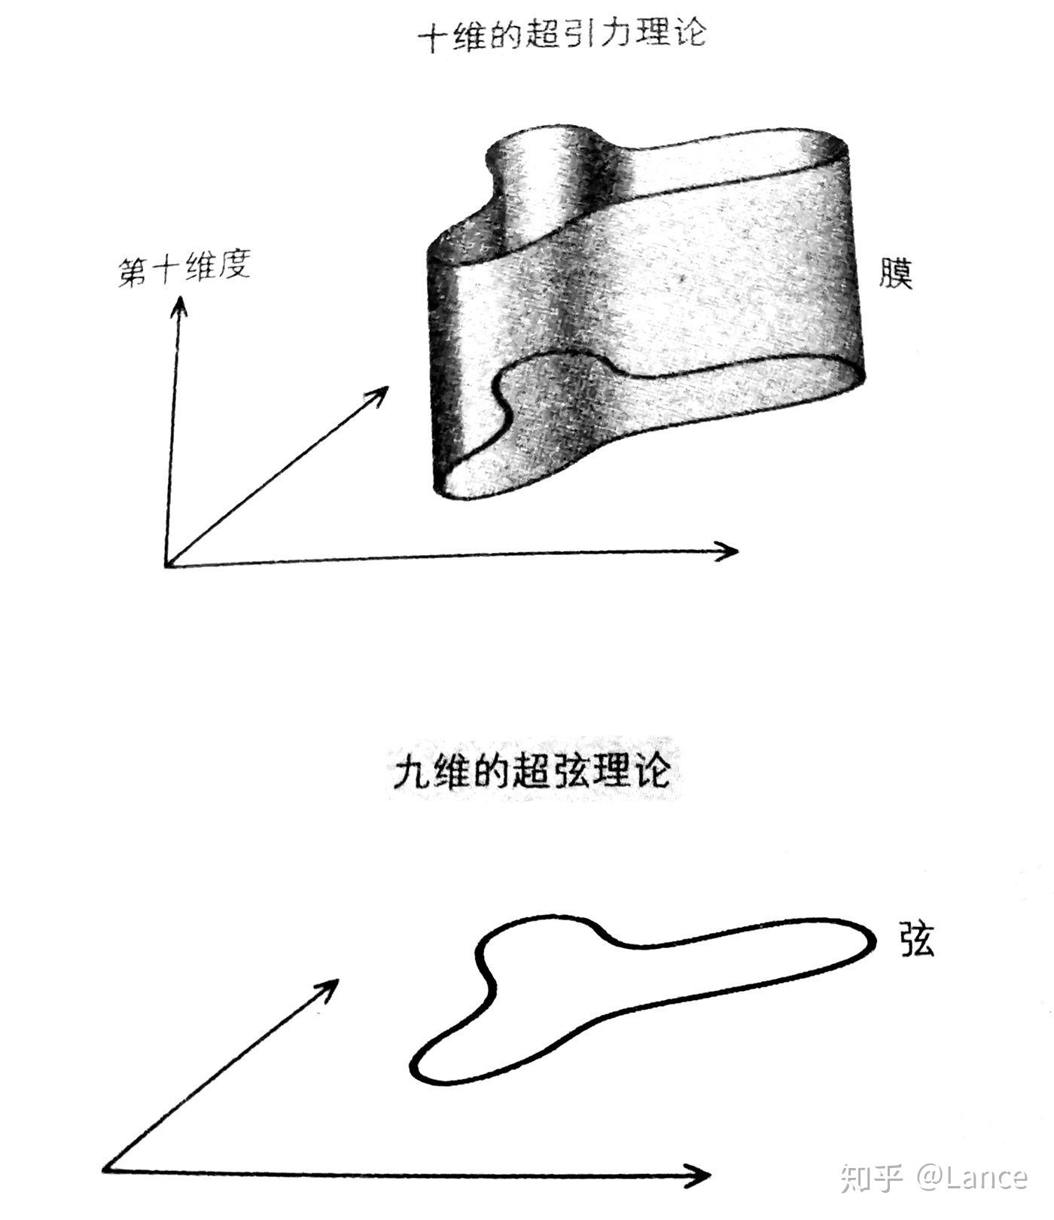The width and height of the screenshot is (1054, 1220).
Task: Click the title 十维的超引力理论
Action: (564, 36)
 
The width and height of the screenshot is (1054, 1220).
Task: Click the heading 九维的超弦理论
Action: (532, 771)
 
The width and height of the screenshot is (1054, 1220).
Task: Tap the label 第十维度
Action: (184, 270)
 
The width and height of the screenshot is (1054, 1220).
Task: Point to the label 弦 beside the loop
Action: (917, 939)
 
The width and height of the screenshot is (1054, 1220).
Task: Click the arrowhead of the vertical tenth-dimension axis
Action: (179, 305)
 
